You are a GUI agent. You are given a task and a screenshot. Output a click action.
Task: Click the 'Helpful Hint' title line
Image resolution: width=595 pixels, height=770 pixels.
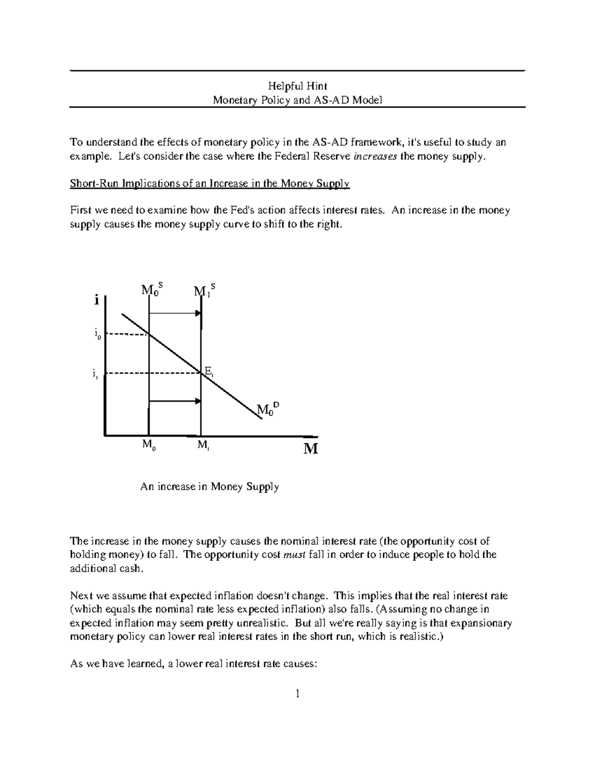point(297,86)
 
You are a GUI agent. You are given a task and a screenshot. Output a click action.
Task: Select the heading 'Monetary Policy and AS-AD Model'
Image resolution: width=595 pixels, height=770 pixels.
point(297,100)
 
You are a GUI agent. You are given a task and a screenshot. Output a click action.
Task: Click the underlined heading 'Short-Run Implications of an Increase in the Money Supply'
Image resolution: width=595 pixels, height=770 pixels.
point(210,183)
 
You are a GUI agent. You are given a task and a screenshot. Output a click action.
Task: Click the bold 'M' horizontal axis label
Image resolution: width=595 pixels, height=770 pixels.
point(310,449)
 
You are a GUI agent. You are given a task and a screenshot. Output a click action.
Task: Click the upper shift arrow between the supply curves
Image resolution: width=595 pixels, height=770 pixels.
point(175,313)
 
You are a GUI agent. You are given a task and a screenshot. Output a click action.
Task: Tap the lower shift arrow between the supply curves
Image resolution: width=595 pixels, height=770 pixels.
point(175,401)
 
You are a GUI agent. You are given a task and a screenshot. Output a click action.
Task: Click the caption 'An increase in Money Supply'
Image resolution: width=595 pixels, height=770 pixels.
point(209,487)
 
